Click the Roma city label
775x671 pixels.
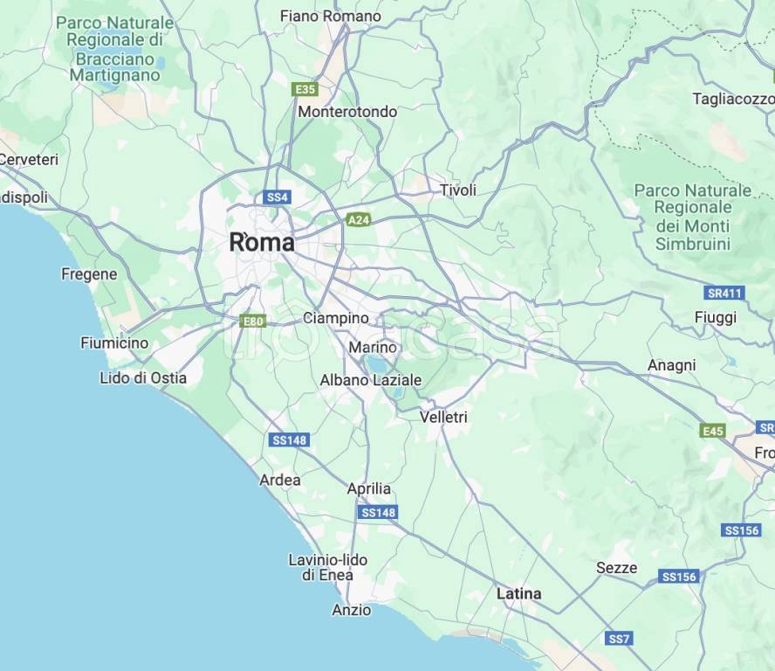point(261,243)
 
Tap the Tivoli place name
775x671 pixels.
point(458,190)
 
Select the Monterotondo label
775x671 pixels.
point(347,112)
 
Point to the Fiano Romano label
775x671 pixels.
point(331,16)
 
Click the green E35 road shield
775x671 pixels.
point(305,89)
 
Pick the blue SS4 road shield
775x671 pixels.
point(277,197)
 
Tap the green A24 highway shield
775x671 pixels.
point(359,220)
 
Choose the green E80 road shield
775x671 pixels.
point(253,322)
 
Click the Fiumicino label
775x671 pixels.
point(114,343)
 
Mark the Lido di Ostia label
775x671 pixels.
point(143,378)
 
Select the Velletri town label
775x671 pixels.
point(443,418)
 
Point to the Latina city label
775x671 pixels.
point(518,594)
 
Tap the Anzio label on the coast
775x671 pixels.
point(351,610)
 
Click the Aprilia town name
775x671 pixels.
point(369,488)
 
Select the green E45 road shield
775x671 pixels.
point(712,431)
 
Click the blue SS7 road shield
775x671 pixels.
point(619,639)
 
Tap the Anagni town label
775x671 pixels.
point(672,365)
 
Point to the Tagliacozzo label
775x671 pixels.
point(733,99)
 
